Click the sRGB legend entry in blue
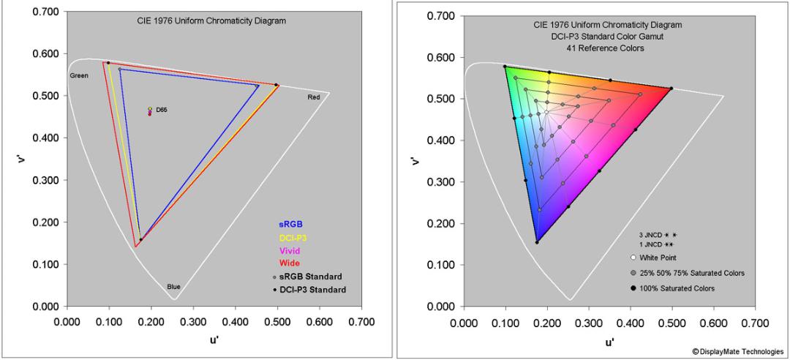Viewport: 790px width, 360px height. (x=290, y=224)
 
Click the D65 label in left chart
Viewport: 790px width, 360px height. (x=161, y=110)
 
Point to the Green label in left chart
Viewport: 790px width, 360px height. (x=79, y=75)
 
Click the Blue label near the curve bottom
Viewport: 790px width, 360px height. (x=174, y=287)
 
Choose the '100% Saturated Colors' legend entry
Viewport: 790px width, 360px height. (x=673, y=288)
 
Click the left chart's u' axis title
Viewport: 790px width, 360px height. (x=214, y=340)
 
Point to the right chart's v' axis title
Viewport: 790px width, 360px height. (x=415, y=161)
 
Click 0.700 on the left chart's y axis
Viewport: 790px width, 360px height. (x=45, y=12)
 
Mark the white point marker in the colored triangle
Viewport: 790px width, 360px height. (x=546, y=112)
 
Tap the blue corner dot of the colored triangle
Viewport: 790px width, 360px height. (x=537, y=242)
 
